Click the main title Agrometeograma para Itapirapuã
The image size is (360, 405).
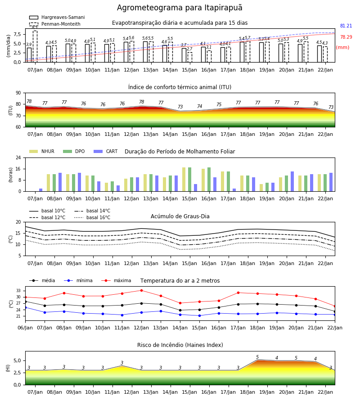pyautogui.click(x=180, y=8)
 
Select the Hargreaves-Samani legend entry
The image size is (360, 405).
pyautogui.click(x=57, y=17)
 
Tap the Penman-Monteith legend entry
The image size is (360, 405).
pyautogui.click(x=55, y=24)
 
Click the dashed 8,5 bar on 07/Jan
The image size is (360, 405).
pyautogui.click(x=35, y=46)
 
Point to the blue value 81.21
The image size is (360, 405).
pyautogui.click(x=346, y=26)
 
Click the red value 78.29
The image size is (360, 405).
pyautogui.click(x=346, y=37)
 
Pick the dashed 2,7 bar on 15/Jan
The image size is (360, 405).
pyautogui.click(x=190, y=57)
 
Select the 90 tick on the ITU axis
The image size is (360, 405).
pyautogui.click(x=18, y=93)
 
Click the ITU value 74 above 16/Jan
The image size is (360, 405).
pyautogui.click(x=199, y=106)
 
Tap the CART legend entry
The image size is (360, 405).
pyautogui.click(x=106, y=151)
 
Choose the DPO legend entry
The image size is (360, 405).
pyautogui.click(x=74, y=151)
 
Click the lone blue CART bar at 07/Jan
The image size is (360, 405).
pyautogui.click(x=41, y=190)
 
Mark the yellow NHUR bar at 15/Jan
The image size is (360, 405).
pyautogui.click(x=184, y=180)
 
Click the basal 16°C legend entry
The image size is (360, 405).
pyautogui.click(x=92, y=217)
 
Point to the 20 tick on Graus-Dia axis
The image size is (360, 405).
pyautogui.click(x=18, y=222)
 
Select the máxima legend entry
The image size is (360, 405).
pyautogui.click(x=116, y=280)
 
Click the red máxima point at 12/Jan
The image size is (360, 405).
pyautogui.click(x=141, y=290)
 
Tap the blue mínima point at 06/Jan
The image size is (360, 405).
pyautogui.click(x=26, y=308)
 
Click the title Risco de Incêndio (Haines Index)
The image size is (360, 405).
pyautogui.click(x=180, y=345)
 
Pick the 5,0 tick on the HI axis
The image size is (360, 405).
pyautogui.click(x=17, y=360)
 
